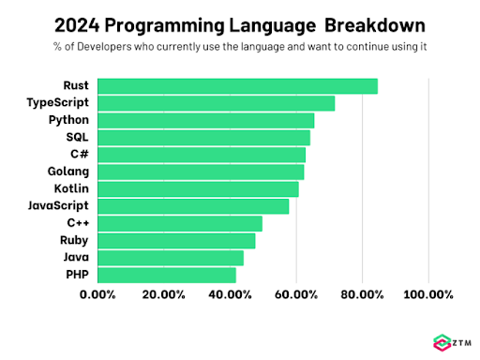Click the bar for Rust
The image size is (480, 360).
[238, 86]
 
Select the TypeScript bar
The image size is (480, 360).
[217, 103]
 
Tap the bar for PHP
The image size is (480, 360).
[167, 275]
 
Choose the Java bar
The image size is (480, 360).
[171, 258]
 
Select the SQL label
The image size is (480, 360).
[77, 138]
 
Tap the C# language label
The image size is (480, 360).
[79, 155]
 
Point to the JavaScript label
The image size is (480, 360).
[57, 206]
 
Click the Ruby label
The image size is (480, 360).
[74, 241]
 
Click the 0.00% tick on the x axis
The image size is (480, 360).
[98, 294]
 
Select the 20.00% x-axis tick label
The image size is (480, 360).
[164, 294]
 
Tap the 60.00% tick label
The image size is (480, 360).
[296, 294]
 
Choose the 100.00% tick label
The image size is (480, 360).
[427, 294]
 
